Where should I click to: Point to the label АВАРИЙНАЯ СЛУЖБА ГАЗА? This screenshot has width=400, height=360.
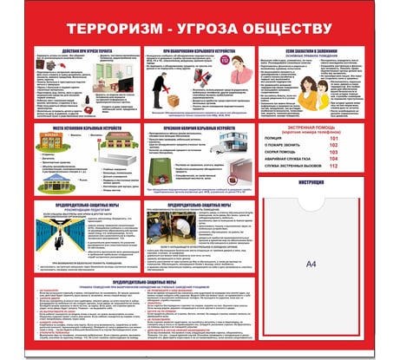pos(298,160)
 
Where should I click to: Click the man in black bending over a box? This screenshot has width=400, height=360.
pos(160,87)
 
